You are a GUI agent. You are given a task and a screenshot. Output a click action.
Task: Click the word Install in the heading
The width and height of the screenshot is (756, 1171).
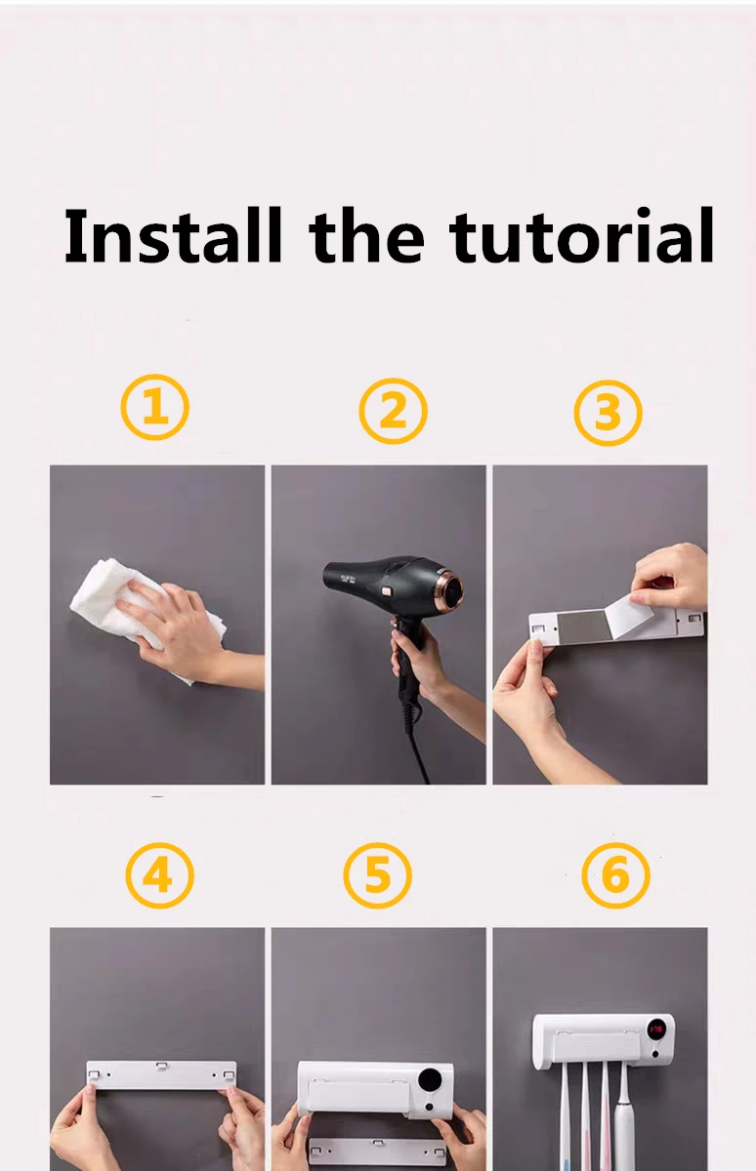point(173,235)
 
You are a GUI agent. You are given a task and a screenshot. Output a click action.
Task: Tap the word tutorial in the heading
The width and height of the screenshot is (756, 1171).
point(582,235)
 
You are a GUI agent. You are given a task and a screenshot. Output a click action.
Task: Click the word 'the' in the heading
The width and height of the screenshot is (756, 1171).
point(366,235)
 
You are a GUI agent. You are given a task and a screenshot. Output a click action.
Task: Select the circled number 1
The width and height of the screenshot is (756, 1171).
point(155,407)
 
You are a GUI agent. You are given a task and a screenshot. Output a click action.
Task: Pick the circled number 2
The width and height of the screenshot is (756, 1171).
point(393,411)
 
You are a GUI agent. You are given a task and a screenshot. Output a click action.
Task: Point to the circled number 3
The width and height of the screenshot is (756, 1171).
point(608,413)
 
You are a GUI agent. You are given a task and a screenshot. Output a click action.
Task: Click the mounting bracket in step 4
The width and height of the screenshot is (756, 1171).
point(161,1074)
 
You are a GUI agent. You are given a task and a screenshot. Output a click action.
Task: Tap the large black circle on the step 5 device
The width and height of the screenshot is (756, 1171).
point(430,1080)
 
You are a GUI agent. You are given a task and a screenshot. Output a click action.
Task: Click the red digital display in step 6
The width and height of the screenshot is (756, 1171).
point(656,1030)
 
